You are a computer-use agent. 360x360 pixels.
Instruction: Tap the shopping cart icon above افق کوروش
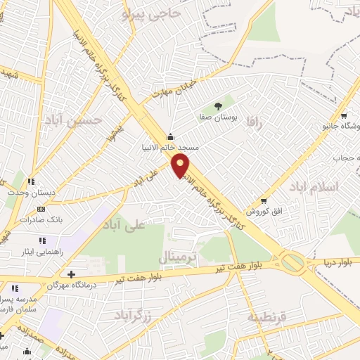tap(264, 200)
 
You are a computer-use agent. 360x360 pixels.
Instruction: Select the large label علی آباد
tap(123, 224)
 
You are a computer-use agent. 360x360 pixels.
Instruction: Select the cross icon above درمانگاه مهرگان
tap(70, 274)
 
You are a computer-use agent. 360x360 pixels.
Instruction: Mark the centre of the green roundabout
tap(293, 264)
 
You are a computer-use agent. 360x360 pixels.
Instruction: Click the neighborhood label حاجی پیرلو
tap(150, 13)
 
